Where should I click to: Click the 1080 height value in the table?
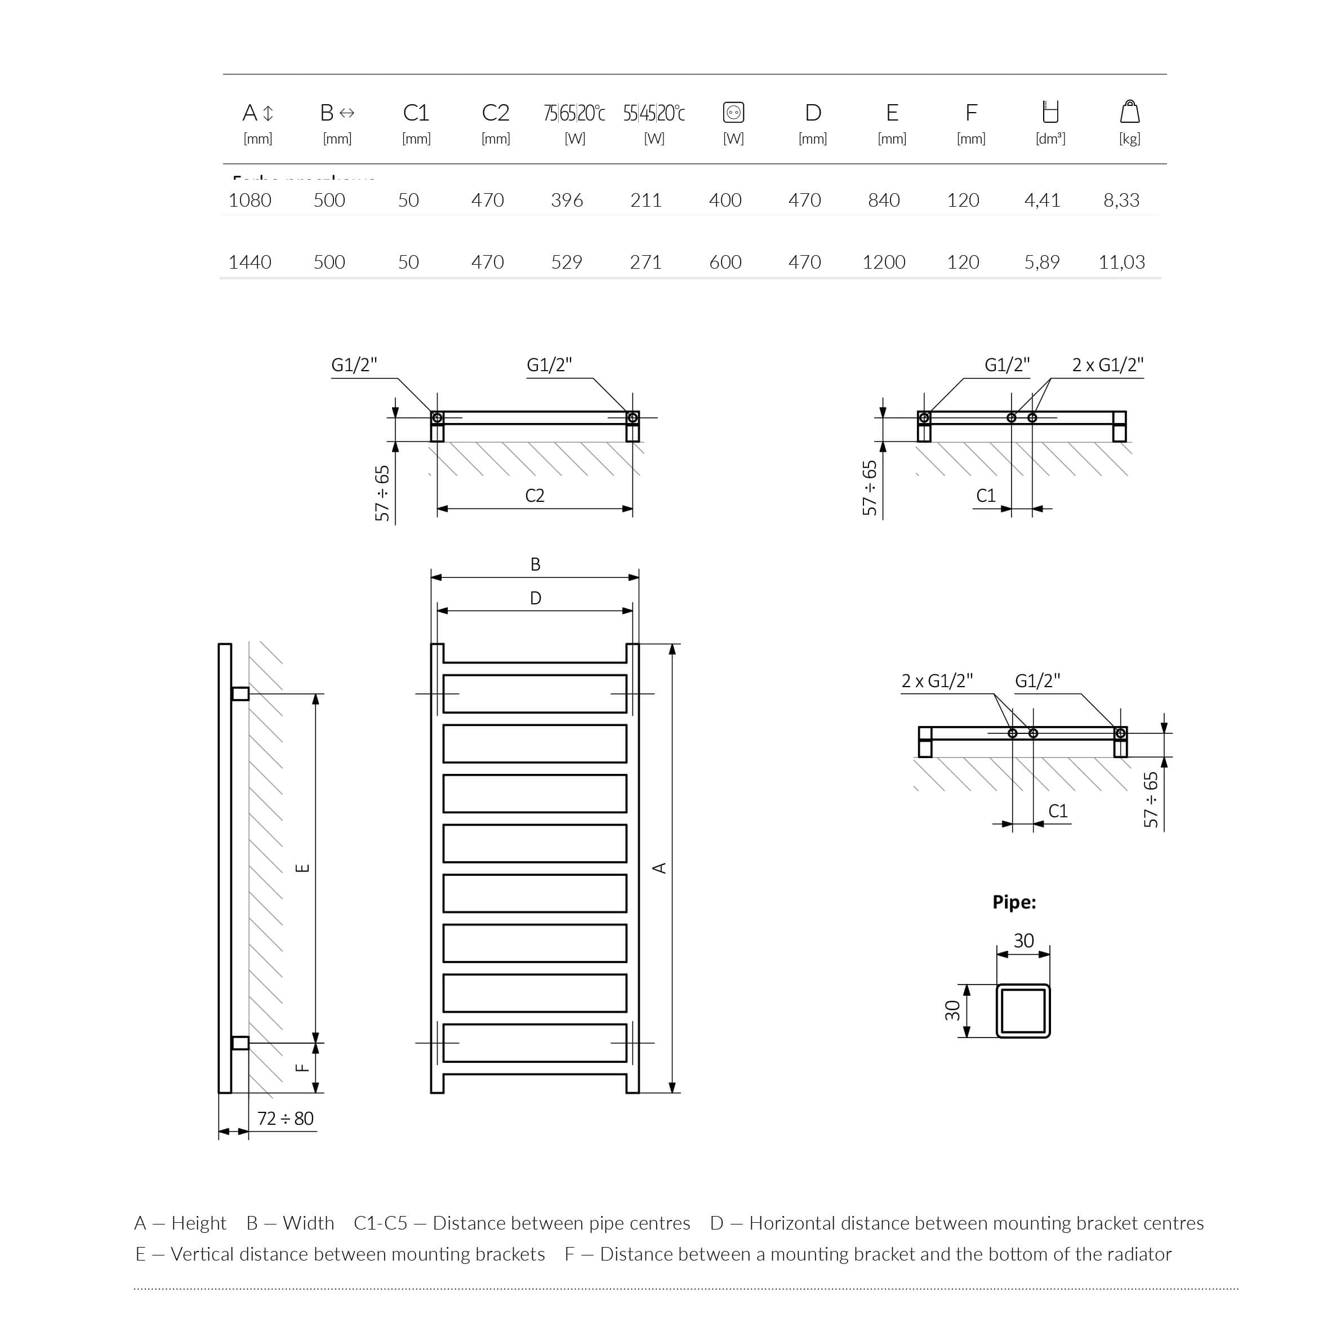(250, 200)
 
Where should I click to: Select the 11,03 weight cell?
(1121, 262)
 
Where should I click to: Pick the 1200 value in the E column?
(883, 262)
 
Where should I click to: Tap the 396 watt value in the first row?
(567, 200)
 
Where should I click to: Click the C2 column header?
(495, 113)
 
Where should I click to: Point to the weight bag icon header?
(1129, 112)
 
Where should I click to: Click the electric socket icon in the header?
(733, 112)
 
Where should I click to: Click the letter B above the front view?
(535, 564)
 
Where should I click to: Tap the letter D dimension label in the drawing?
(535, 598)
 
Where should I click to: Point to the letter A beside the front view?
(660, 868)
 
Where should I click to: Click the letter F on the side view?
(301, 1067)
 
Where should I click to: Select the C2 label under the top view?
(535, 496)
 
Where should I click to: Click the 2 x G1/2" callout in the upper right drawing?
(1107, 366)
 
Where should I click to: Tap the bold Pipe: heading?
(1014, 902)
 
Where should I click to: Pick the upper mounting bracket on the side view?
(241, 694)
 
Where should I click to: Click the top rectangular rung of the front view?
(535, 694)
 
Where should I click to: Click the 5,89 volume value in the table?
(1041, 262)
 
